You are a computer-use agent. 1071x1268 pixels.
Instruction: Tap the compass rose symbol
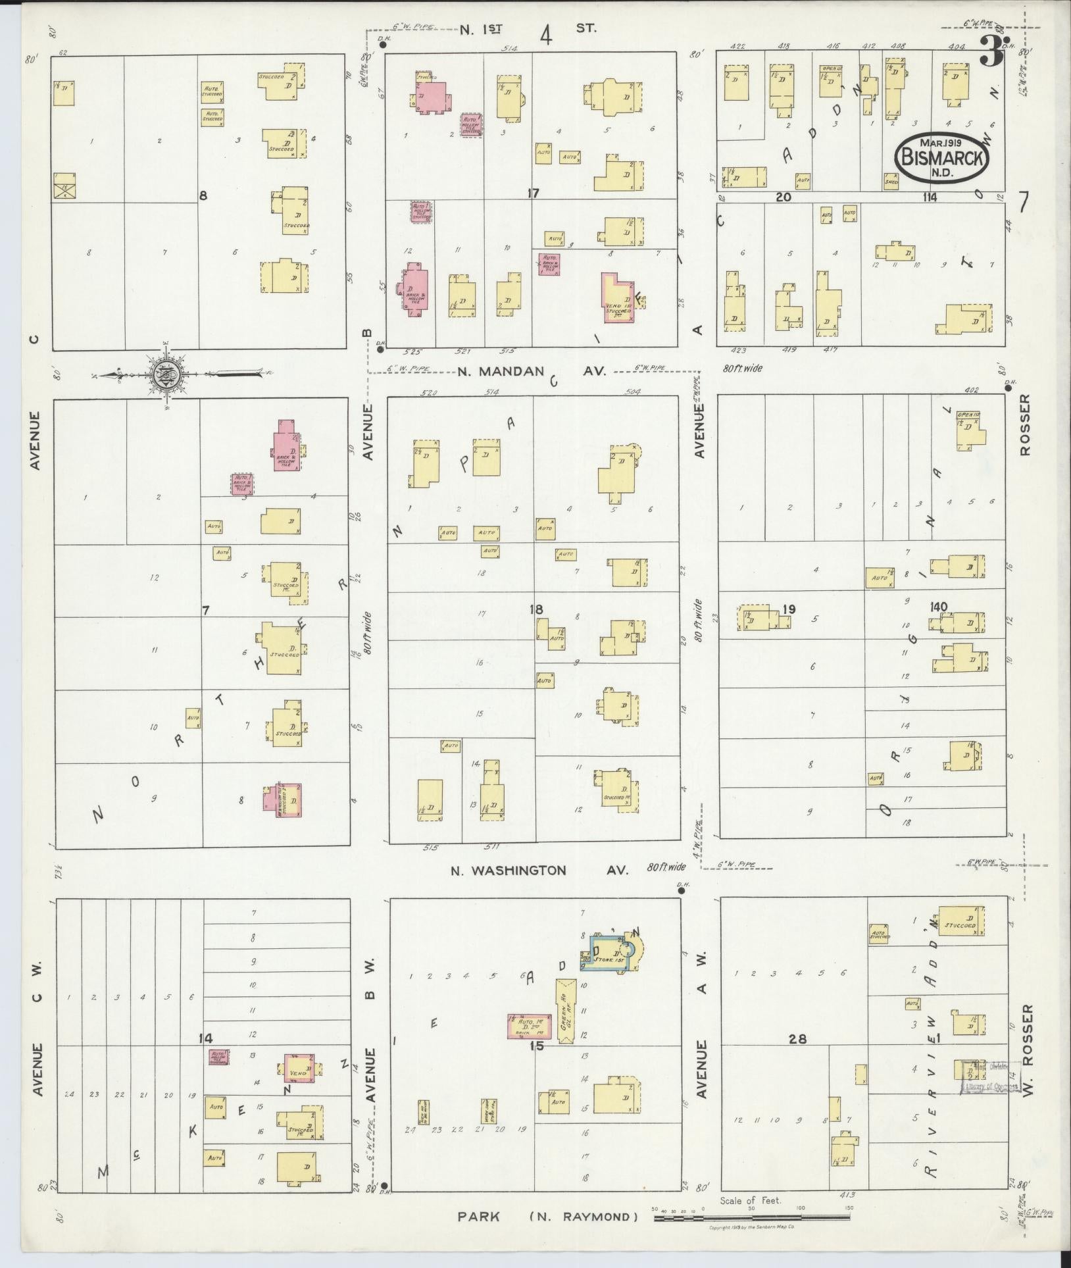[x=163, y=376]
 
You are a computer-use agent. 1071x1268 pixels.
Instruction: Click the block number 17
[x=533, y=193]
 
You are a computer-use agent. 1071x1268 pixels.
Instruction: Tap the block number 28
[x=798, y=1039]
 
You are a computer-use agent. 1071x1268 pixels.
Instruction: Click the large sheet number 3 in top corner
[x=990, y=51]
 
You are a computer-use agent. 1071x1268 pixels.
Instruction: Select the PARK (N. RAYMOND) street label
[x=548, y=1217]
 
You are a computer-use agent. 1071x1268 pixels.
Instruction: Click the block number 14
[x=207, y=1038]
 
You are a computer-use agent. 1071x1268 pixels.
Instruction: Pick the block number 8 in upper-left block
[x=203, y=195]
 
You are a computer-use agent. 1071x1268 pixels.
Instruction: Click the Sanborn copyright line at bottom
[x=750, y=1228]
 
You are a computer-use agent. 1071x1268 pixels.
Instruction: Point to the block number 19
[x=788, y=609]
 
